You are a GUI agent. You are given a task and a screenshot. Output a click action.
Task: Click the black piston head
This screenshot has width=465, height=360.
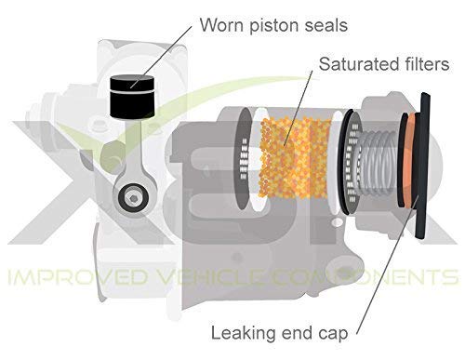pos(130,95)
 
